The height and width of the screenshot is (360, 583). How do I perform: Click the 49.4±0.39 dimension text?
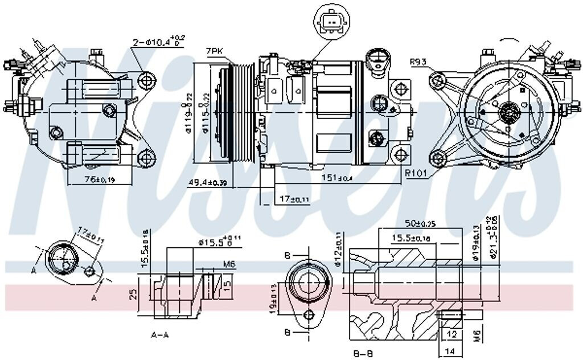tap(208, 183)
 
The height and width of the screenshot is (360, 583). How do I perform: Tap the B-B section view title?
tap(363, 354)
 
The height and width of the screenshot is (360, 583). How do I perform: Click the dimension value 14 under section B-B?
tap(449, 352)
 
